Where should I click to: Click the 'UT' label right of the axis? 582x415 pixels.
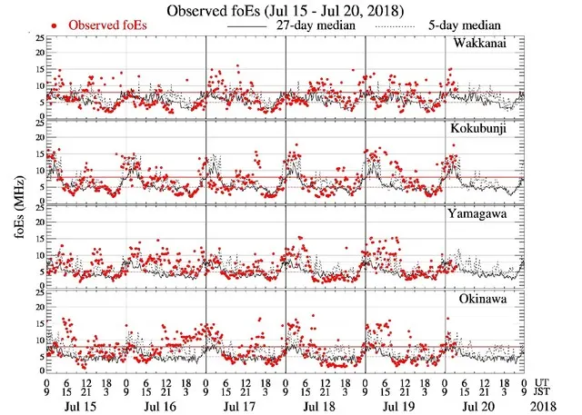click(542, 382)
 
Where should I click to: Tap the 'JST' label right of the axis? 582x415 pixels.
click(545, 392)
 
